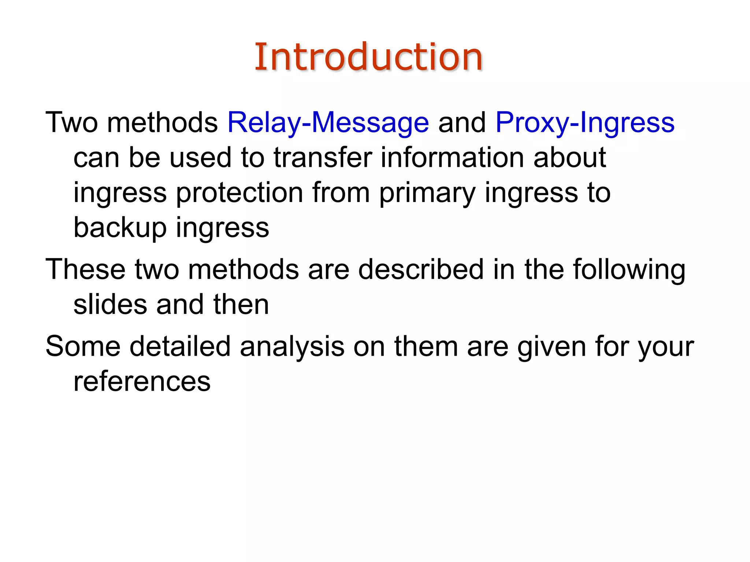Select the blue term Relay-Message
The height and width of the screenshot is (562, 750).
coord(328,123)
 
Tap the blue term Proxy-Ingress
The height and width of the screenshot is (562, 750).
coord(585,123)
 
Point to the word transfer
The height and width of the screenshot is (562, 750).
coord(322,158)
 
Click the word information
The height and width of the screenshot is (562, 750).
coord(452,158)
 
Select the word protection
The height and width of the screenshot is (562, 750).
coord(240,193)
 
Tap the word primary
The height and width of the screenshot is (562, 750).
coord(427,193)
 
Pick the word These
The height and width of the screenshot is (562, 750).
coord(85,270)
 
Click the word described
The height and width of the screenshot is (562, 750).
coord(421,270)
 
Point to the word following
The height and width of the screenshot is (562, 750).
coord(629,270)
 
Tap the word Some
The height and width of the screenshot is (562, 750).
coord(83,346)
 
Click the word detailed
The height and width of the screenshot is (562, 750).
coord(180,346)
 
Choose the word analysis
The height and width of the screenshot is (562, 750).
coord(292,346)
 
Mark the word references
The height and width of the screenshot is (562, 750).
coord(142,382)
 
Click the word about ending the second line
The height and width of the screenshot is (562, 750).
coord(569,158)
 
